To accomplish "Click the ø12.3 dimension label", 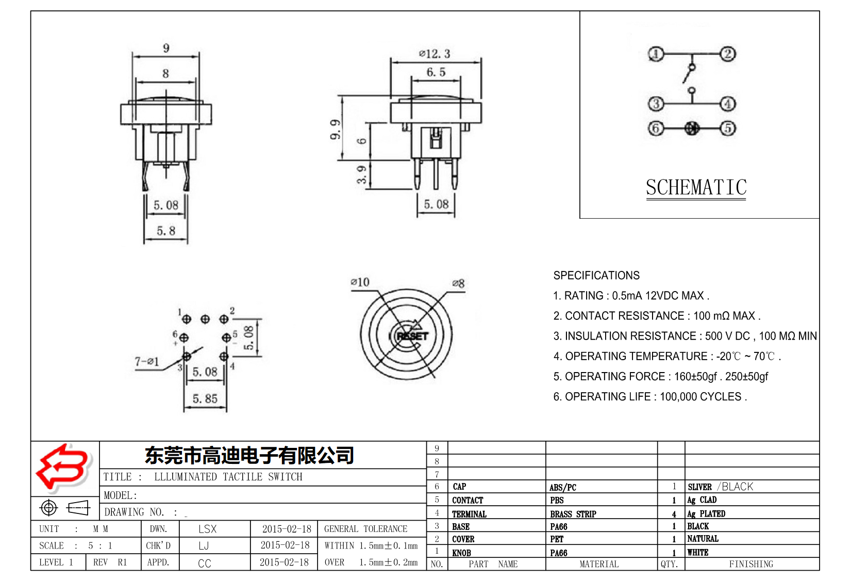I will coord(435,54).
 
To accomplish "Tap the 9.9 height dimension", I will coord(336,130).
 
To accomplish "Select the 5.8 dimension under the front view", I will coord(166,231).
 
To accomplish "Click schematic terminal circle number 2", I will coord(727,54).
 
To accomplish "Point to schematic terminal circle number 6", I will coord(655,128).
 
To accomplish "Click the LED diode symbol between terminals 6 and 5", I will coord(692,128).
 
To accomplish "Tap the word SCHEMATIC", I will coord(696,187).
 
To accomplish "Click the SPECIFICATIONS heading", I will coord(596,276).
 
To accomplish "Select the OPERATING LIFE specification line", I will coord(649,397).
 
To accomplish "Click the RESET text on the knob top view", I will coord(412,336).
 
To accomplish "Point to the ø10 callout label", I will coord(360,282).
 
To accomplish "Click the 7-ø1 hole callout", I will coord(147,361).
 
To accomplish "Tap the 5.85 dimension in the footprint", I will coord(205,398).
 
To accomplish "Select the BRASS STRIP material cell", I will coord(573,514).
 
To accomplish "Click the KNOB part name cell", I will coord(461,553).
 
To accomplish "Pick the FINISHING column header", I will coord(750,564).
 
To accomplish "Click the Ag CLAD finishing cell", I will coord(702,500).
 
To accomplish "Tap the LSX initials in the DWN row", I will coord(207,529).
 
